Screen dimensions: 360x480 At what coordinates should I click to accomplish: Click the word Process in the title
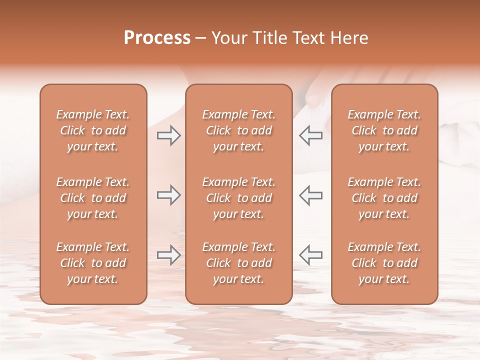[x=157, y=38]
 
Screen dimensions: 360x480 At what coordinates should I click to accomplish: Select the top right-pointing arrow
[x=168, y=135]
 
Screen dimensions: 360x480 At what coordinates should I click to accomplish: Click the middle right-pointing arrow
[x=168, y=195]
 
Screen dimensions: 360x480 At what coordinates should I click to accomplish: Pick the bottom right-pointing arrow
[x=168, y=255]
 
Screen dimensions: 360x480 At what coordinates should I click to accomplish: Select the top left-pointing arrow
[x=311, y=135]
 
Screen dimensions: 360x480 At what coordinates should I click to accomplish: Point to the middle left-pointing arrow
[x=311, y=195]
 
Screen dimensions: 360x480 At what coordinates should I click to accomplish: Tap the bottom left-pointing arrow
[x=311, y=255]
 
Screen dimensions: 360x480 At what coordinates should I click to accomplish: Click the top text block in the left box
[x=93, y=130]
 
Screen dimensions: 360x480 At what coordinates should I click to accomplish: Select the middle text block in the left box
[x=93, y=198]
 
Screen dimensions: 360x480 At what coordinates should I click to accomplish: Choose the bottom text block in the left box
[x=93, y=263]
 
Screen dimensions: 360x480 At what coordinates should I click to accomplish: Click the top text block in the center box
[x=238, y=130]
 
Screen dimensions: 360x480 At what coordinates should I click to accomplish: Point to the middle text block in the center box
[x=238, y=198]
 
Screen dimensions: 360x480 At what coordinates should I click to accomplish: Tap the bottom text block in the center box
[x=238, y=263]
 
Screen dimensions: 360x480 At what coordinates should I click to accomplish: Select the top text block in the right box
[x=384, y=130]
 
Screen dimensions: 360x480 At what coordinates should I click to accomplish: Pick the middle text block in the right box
[x=384, y=198]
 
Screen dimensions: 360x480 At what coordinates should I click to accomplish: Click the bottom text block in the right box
[x=384, y=263]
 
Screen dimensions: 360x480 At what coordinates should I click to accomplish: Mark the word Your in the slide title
[x=228, y=38]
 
